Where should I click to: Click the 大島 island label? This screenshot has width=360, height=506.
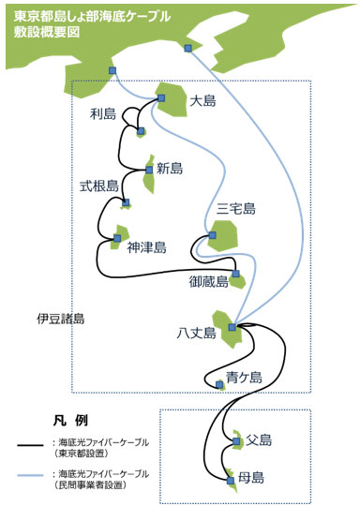202,101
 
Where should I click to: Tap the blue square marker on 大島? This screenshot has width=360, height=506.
161,97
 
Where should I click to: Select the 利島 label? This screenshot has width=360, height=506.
103,114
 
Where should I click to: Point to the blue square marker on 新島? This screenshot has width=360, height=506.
149,170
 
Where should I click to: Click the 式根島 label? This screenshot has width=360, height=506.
99,186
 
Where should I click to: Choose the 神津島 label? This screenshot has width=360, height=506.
147,247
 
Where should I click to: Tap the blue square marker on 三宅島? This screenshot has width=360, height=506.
212,235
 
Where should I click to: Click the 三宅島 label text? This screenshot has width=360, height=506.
235,209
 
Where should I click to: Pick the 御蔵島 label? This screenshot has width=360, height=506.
208,282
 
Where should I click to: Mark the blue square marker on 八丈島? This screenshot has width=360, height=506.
232,327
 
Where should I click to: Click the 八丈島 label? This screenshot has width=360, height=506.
196,333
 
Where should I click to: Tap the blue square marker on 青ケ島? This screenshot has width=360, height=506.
219,384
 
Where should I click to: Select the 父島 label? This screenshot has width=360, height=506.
259,439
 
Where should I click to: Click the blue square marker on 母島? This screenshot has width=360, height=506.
231,481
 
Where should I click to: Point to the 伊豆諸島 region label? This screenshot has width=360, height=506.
60,319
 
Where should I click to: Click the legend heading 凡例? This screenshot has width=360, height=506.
70,421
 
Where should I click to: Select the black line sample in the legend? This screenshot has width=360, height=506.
30,445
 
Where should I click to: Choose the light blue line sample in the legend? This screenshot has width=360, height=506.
30,475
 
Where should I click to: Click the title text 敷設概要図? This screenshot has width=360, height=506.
47,32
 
